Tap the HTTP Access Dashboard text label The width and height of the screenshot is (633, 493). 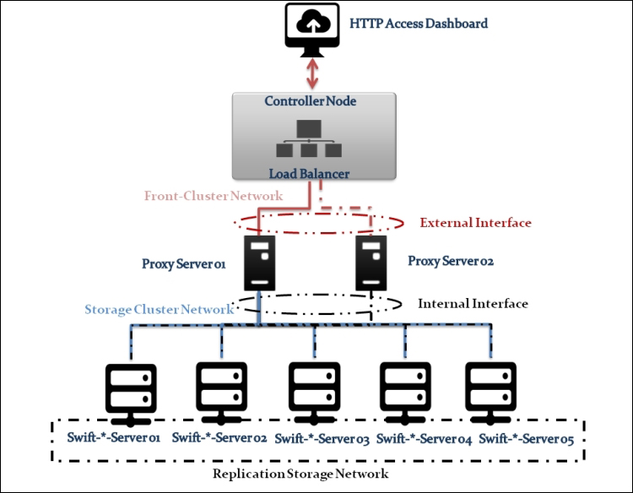click(x=419, y=24)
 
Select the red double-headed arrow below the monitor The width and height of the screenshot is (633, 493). click(x=313, y=73)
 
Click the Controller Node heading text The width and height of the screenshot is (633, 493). click(x=311, y=101)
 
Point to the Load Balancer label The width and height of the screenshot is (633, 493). click(x=310, y=174)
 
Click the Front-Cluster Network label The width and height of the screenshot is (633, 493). click(x=212, y=195)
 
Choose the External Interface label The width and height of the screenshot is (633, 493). click(x=475, y=223)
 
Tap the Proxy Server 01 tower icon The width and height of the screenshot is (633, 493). click(x=259, y=263)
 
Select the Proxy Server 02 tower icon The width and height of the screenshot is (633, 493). click(x=371, y=261)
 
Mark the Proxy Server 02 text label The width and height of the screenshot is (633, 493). click(x=450, y=261)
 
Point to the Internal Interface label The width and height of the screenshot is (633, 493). click(x=473, y=303)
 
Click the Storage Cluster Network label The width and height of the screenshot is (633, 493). click(x=159, y=310)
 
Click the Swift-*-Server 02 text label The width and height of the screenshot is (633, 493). click(x=219, y=438)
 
